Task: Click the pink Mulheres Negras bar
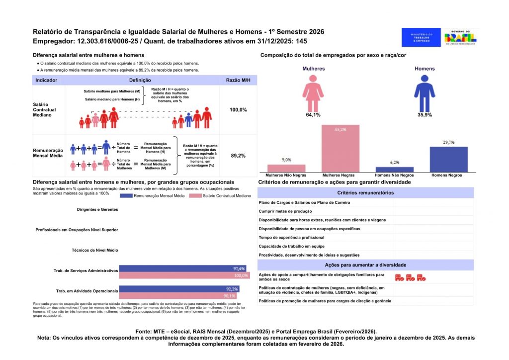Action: pos(340,149)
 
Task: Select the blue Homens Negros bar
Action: pos(448,159)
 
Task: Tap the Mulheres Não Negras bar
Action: pos(286,168)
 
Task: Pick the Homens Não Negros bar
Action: pos(394,169)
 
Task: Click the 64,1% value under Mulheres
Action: pos(313,115)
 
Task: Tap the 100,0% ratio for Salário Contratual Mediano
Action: pos(238,109)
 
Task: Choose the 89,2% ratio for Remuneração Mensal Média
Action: pos(238,156)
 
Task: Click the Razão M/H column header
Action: pos(238,80)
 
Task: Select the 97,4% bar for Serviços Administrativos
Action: pos(184,269)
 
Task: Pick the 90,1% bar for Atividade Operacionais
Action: pos(184,296)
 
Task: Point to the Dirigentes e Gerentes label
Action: pos(97,209)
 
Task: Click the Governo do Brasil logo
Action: pos(460,38)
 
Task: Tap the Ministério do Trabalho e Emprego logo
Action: pos(421,38)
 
